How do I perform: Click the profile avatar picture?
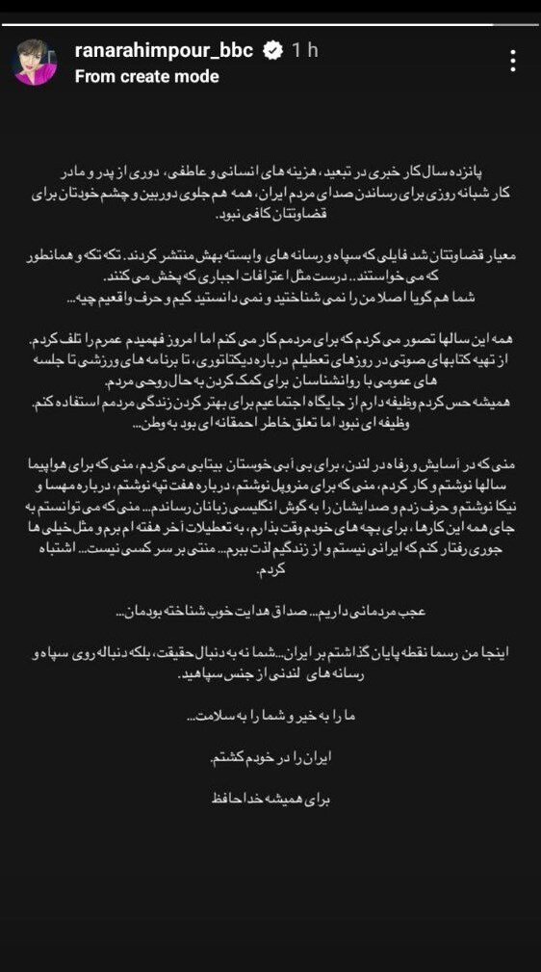click(36, 63)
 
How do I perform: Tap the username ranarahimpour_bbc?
click(164, 51)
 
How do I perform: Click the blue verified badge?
click(273, 51)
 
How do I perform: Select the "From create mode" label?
click(146, 76)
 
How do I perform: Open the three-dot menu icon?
click(514, 61)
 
